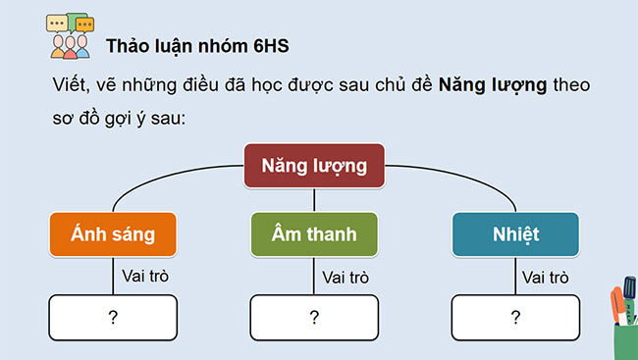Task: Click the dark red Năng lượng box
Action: click(314, 166)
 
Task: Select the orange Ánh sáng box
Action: click(113, 235)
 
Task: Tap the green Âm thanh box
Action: click(314, 235)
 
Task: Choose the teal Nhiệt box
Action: click(515, 235)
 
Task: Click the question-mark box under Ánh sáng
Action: click(113, 317)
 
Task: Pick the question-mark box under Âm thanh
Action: click(314, 317)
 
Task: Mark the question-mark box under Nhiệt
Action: click(515, 317)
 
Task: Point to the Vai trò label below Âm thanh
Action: click(346, 278)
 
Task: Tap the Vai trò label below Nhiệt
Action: click(547, 278)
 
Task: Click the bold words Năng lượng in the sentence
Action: click(493, 85)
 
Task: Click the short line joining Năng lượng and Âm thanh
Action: click(314, 200)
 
